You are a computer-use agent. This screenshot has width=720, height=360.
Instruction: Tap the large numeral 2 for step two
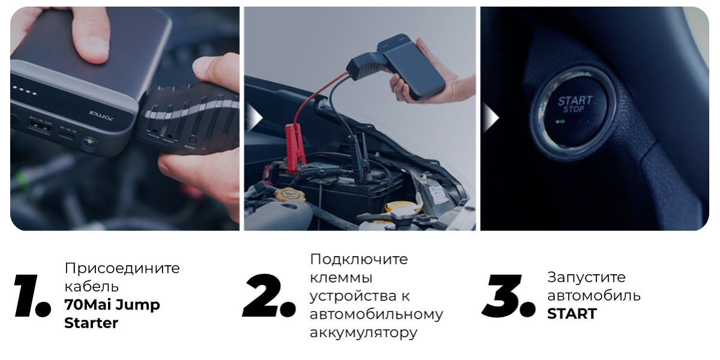(268, 296)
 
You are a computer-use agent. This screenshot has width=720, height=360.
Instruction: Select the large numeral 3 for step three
(508, 296)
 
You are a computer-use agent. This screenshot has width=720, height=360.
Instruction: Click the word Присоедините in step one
(122, 268)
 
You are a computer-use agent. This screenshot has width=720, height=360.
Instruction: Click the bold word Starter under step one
(91, 323)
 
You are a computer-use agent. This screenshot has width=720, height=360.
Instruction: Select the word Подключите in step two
(358, 259)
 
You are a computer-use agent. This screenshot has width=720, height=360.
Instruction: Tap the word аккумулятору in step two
(362, 333)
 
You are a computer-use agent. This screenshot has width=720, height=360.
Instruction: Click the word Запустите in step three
(586, 277)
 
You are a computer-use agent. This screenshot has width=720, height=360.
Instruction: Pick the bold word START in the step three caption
(571, 314)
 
